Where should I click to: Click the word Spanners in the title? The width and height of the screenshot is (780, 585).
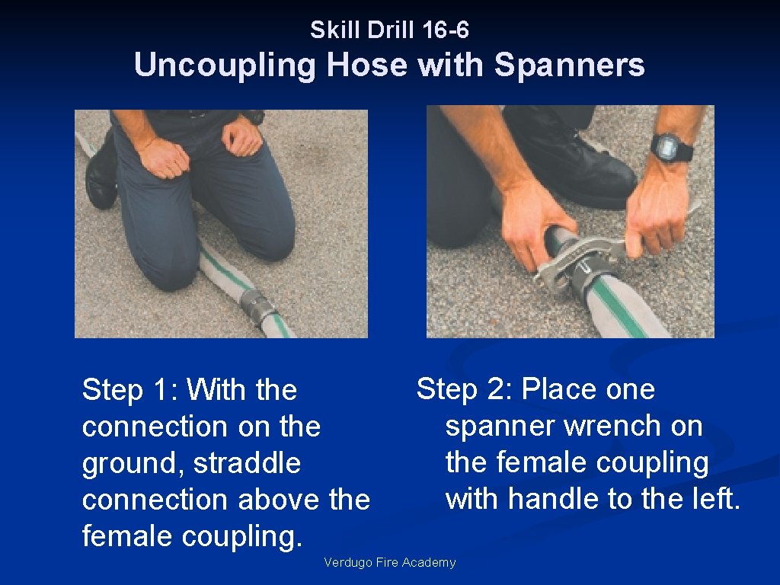(570, 66)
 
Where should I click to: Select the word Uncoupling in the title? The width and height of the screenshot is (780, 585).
(225, 66)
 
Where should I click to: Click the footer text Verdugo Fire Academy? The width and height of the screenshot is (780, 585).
(389, 562)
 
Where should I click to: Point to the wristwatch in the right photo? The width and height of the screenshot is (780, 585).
(672, 147)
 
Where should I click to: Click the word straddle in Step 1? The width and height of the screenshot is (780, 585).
(248, 463)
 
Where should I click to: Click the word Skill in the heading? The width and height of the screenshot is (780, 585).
(336, 30)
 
